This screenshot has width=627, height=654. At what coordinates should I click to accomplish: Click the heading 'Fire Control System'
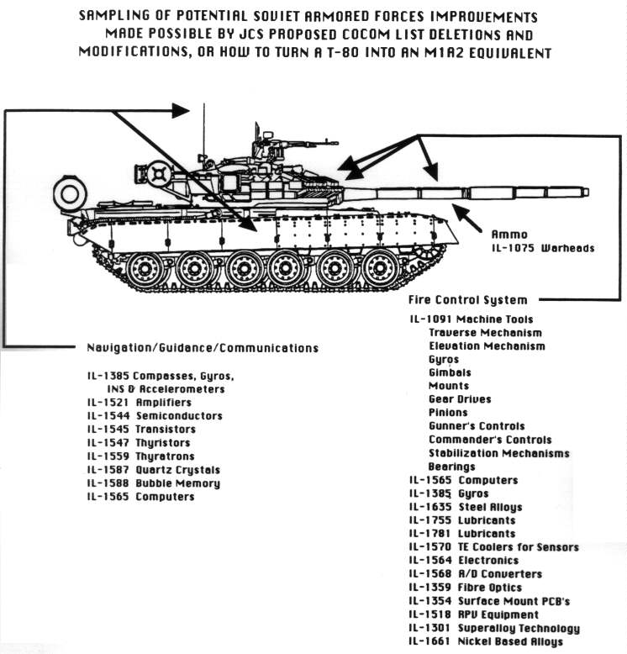point(468,300)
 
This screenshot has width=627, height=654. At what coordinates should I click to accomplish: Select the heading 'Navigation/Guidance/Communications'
point(202,347)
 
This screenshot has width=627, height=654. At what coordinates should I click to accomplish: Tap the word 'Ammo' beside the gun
point(509,235)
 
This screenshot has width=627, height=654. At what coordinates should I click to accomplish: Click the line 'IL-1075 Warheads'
point(542,248)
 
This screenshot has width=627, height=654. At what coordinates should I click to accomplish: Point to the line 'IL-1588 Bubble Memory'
point(153,483)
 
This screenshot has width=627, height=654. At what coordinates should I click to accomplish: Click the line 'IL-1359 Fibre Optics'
point(466,588)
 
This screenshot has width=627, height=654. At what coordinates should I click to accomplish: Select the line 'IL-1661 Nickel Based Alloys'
point(486,641)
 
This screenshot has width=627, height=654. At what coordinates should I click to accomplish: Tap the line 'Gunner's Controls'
point(477,426)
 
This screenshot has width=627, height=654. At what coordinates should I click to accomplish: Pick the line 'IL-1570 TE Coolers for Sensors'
point(494,547)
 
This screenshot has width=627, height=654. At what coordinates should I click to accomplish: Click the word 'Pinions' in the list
point(448,413)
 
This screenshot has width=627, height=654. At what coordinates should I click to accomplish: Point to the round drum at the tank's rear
point(67,194)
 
